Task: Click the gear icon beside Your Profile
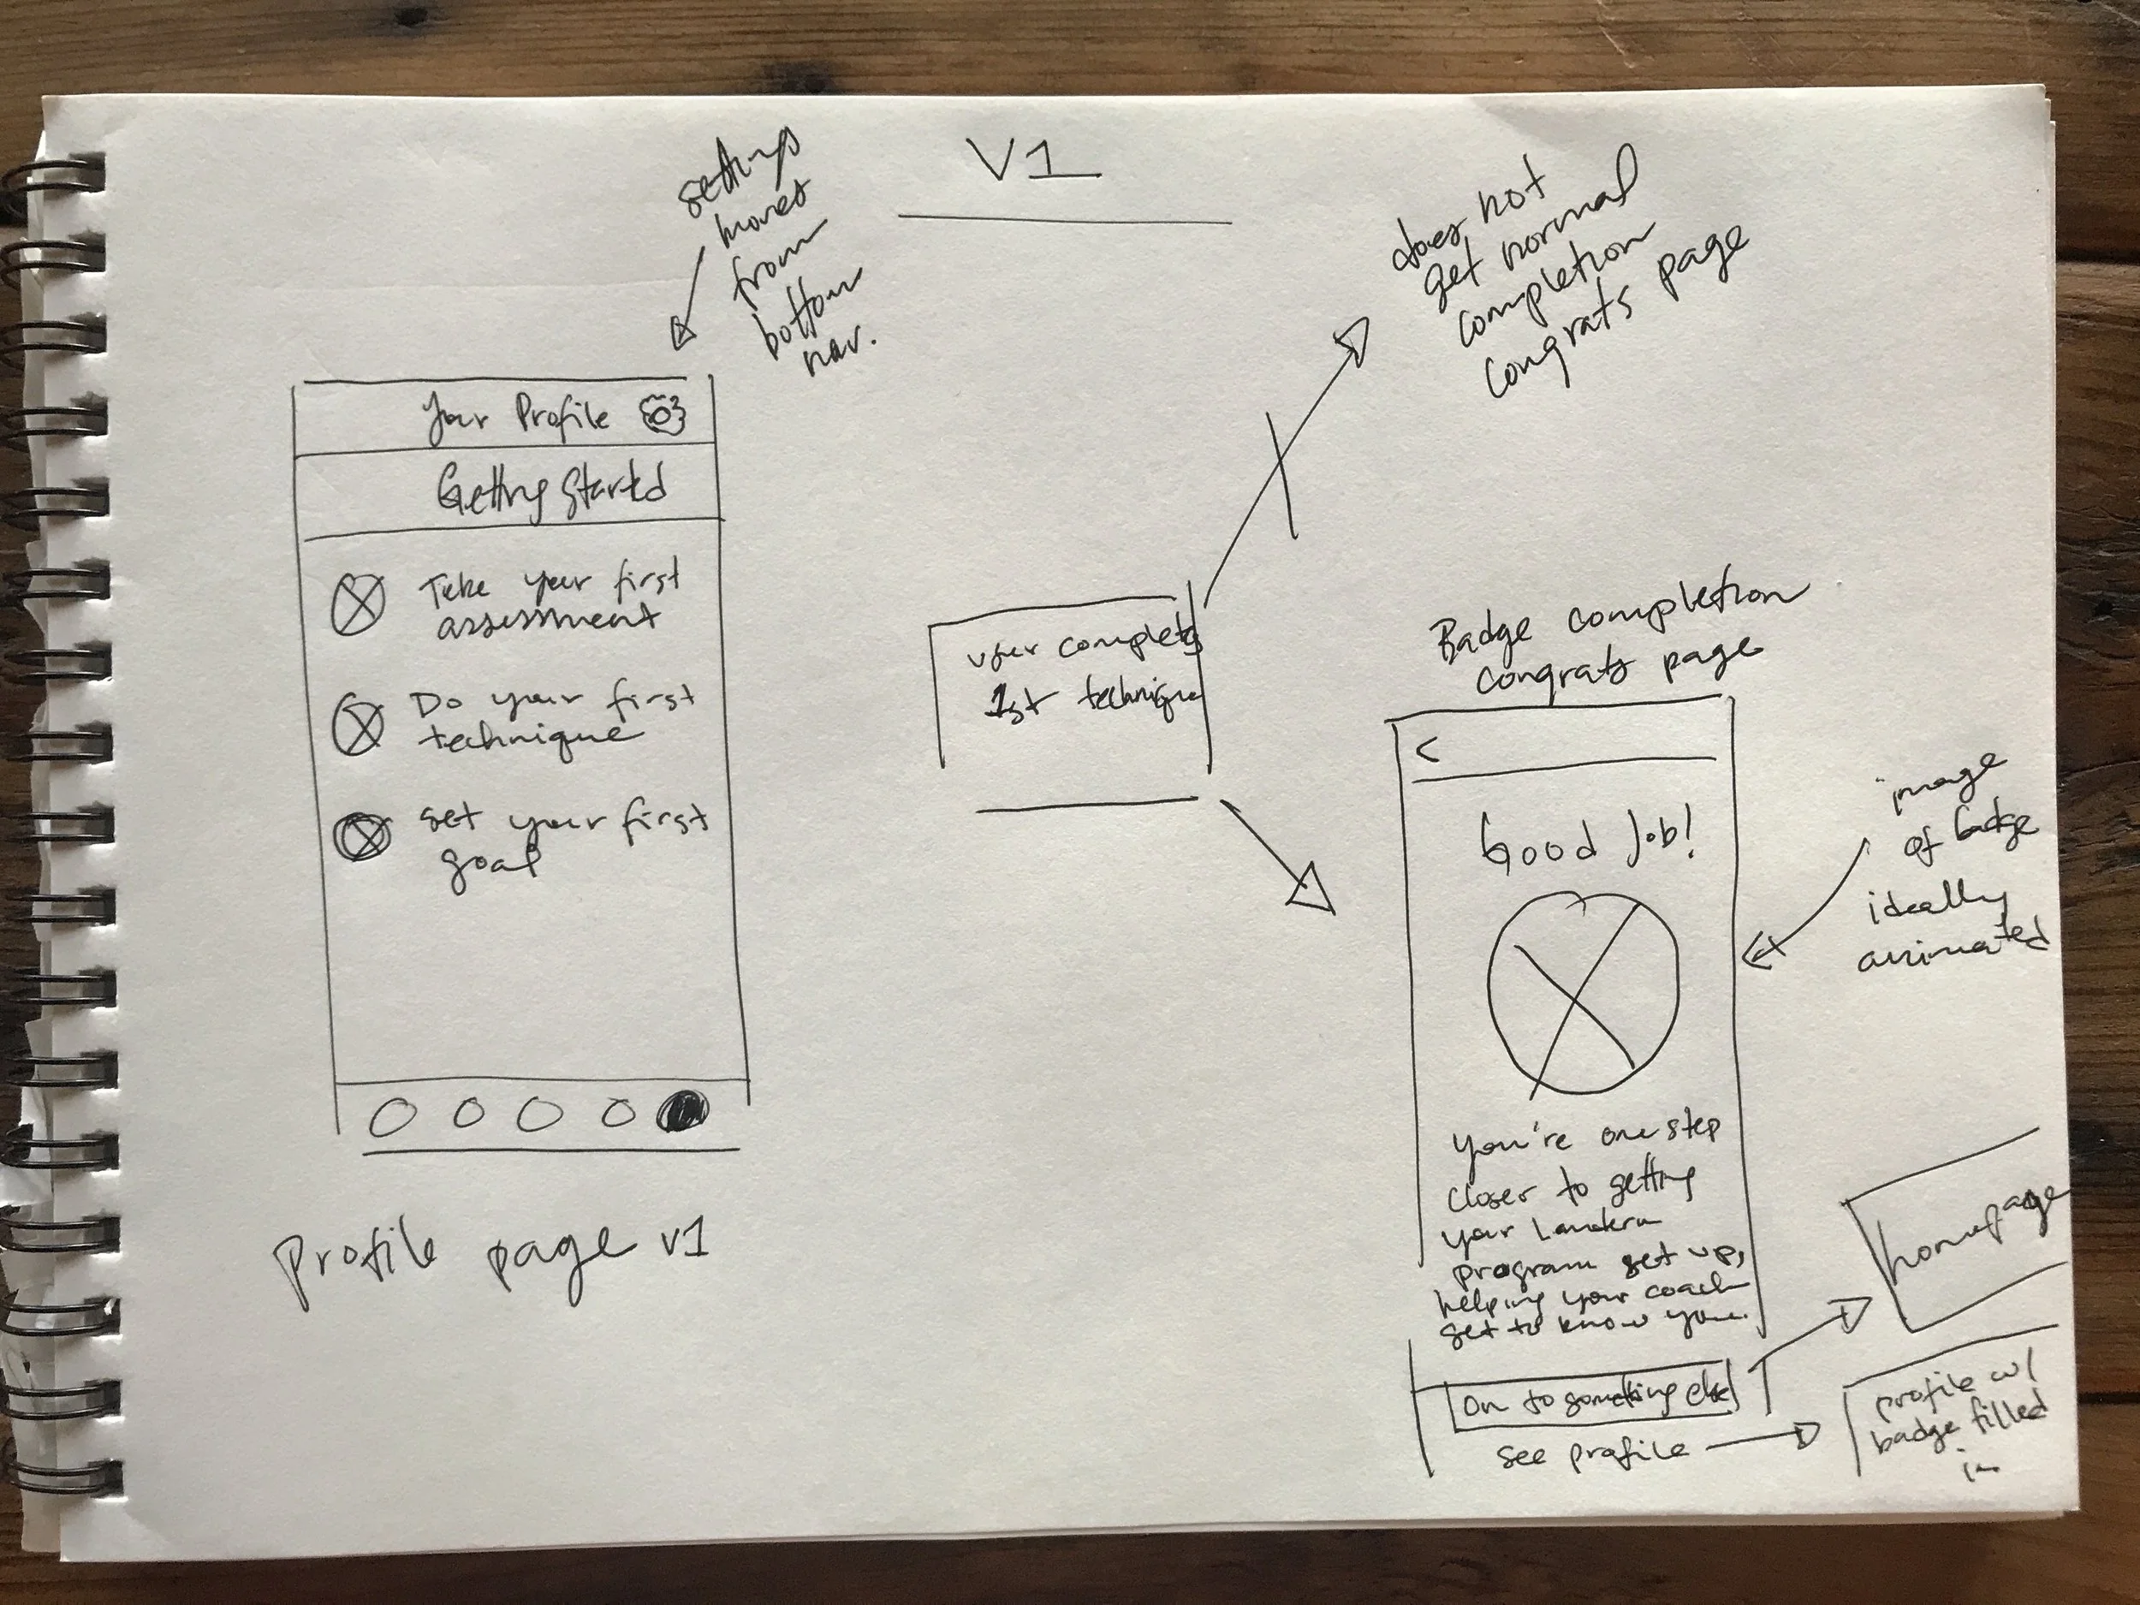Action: tap(663, 413)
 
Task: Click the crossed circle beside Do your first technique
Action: tap(358, 726)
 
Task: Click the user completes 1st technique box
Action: tap(1074, 687)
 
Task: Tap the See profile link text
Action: tap(1591, 1451)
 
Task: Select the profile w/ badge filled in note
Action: tap(1954, 1422)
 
